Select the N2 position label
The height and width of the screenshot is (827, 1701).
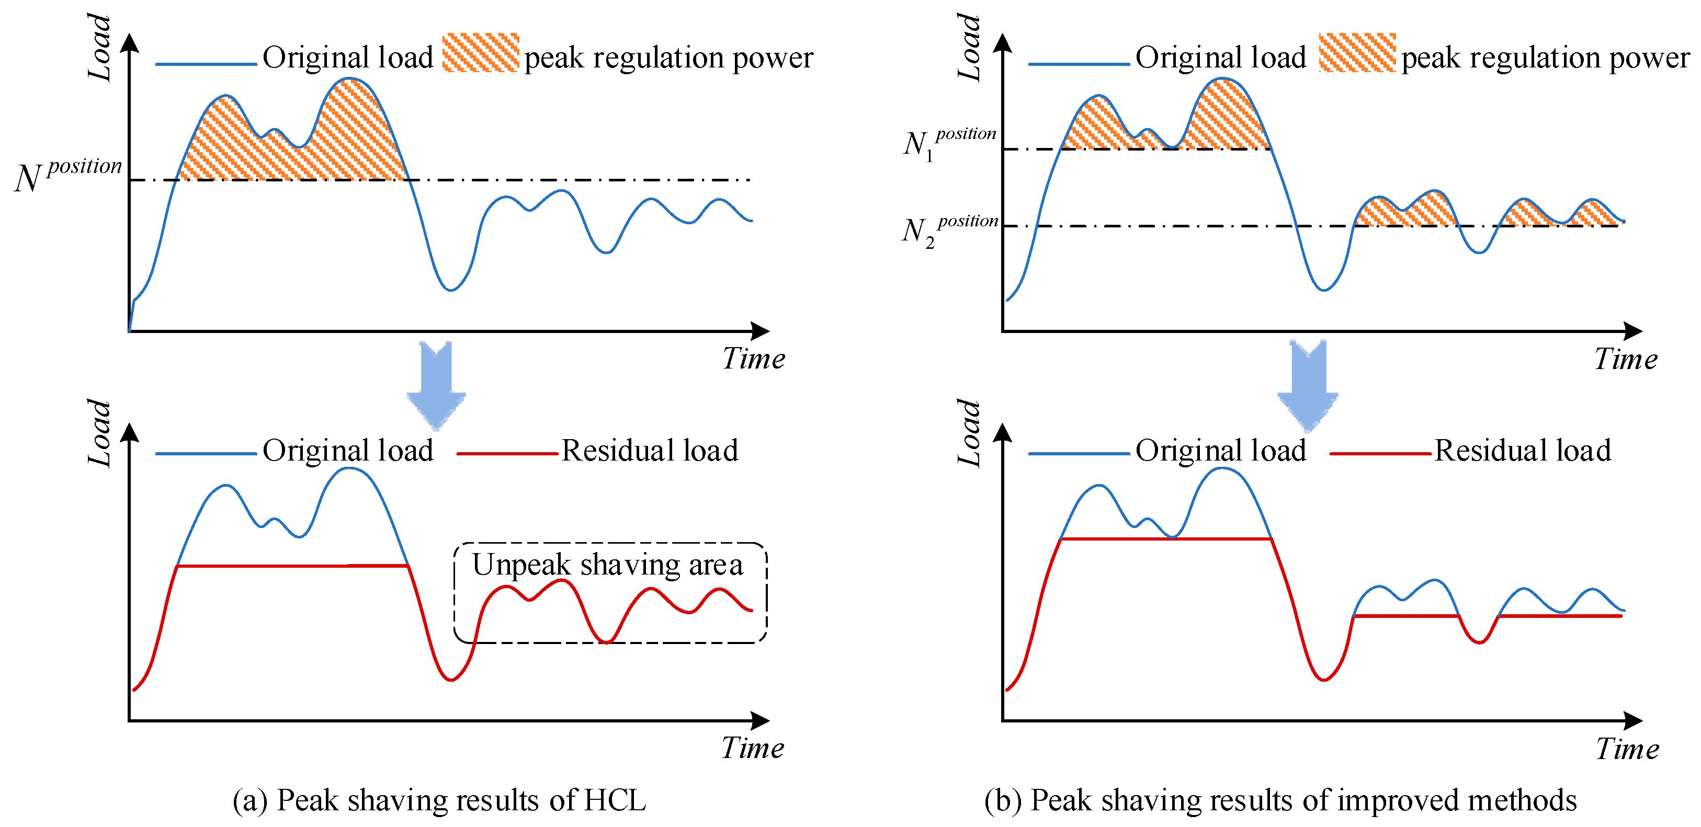949,231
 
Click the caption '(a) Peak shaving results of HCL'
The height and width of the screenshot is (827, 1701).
439,800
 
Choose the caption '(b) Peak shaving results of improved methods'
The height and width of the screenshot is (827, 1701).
1280,800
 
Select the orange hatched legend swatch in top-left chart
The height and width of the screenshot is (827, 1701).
480,53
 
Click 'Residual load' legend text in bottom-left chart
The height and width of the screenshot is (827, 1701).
649,451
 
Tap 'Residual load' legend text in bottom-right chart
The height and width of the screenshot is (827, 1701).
1522,451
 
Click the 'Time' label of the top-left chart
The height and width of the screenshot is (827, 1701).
753,359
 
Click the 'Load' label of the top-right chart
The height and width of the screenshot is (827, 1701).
969,48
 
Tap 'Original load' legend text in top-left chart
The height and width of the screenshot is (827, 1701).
347,58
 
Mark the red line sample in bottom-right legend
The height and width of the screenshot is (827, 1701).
1379,453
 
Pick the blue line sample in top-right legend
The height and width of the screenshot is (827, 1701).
1079,64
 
